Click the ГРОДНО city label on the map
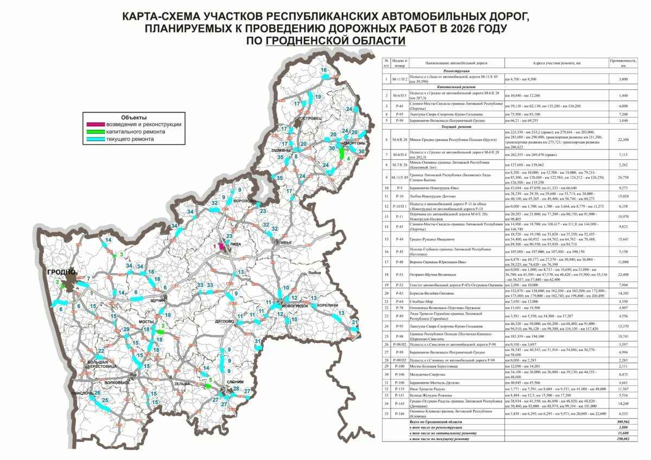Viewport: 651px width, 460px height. pos(58,273)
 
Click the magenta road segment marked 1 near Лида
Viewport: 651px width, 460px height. pos(222,245)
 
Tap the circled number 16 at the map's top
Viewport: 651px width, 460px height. pos(323,70)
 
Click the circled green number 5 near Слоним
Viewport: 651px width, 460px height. pos(210,380)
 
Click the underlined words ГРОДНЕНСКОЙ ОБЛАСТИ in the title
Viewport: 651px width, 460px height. pos(335,41)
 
